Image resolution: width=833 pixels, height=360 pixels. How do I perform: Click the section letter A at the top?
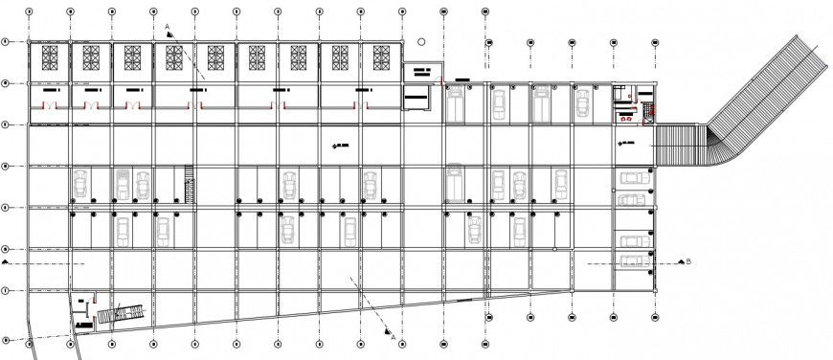(x=167, y=26)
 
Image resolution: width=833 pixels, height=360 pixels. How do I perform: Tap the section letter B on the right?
(x=688, y=260)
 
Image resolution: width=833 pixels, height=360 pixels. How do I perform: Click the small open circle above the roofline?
(x=421, y=42)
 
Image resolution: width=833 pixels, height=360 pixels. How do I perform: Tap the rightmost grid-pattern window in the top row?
(x=380, y=57)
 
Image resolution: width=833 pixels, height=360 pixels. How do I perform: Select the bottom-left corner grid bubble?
(x=7, y=341)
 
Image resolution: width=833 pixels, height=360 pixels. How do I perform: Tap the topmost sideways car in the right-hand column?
(x=633, y=178)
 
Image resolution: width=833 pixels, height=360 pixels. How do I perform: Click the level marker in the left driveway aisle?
(x=338, y=145)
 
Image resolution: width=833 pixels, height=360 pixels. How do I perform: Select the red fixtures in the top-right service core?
(x=627, y=117)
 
